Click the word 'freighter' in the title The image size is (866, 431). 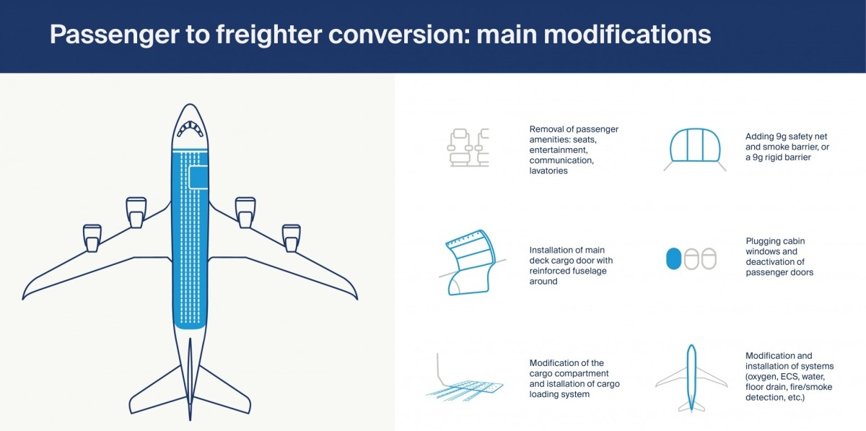[x=268, y=35]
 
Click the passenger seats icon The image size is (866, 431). [x=468, y=147]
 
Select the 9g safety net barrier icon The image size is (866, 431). [x=695, y=149]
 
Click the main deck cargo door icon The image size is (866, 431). [x=472, y=262]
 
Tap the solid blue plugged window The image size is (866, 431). [x=673, y=258]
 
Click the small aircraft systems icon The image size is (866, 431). [x=691, y=378]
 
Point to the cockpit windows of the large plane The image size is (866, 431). [x=190, y=128]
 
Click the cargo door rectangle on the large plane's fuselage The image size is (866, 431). [x=198, y=178]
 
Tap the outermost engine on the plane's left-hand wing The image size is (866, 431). [x=92, y=238]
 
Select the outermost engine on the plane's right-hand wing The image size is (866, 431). [x=291, y=238]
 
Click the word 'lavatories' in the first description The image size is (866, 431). [x=548, y=170]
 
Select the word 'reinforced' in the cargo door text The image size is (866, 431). [x=548, y=271]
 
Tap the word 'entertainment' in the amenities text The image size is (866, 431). [x=559, y=150]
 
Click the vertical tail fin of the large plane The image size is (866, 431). [x=190, y=379]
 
